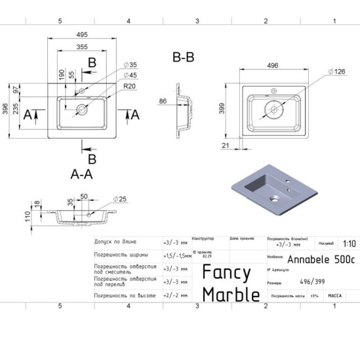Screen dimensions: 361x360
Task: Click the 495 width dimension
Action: pos(82,34)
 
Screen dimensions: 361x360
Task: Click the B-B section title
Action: pos(183,58)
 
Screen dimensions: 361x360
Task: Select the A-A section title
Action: pos(81,174)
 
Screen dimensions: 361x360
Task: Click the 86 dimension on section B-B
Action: pos(163,102)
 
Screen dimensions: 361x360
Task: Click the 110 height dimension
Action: pos(28,217)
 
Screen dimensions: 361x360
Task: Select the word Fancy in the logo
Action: pos(226,272)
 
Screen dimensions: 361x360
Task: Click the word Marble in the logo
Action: pos(230,295)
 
